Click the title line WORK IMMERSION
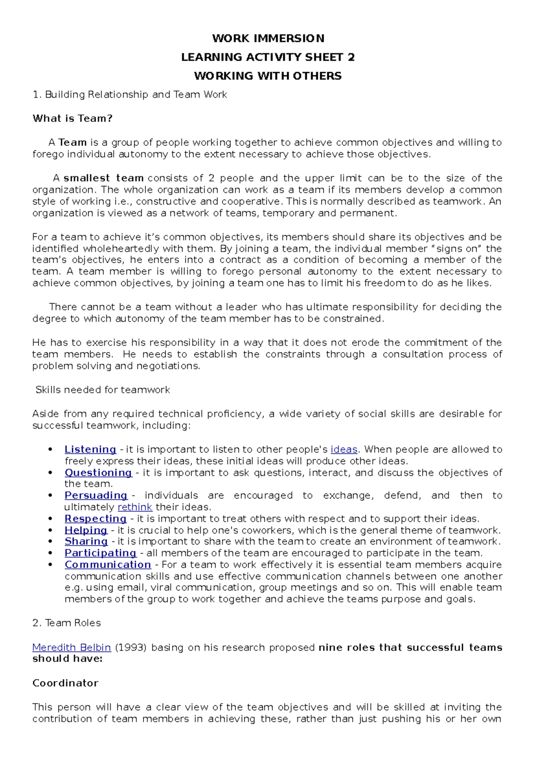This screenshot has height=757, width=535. pos(268,38)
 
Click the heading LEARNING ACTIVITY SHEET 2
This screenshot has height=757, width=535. pos(268,57)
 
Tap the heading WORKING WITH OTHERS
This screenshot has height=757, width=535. pos(268,76)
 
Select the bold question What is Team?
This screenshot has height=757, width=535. pos(72,119)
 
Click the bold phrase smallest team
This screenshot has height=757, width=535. pos(103,178)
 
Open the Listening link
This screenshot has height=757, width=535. pos(90,449)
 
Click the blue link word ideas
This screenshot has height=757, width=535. pos(344,449)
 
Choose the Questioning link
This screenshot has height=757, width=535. pos(98,473)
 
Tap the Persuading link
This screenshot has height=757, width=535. pos(96,495)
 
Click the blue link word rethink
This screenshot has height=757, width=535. pos(135,507)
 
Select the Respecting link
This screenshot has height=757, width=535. pos(95,518)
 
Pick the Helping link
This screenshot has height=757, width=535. pos(86,530)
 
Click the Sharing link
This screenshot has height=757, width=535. pos(86,541)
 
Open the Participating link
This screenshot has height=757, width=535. pos(100,553)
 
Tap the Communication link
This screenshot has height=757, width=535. pos(108,564)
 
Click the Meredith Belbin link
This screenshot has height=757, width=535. pos(71,647)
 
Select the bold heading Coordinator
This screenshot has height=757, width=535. pos(65,683)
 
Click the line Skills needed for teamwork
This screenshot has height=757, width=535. pos(103,390)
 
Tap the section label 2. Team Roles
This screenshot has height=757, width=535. pos(66,623)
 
